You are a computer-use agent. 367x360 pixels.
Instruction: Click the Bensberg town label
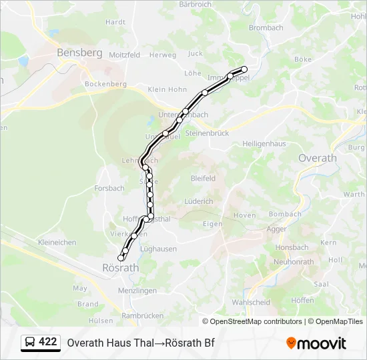point(79,52)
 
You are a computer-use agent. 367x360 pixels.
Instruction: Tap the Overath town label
point(317,158)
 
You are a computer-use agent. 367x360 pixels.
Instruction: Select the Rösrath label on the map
point(120,267)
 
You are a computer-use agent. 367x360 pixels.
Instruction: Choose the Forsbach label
point(109,188)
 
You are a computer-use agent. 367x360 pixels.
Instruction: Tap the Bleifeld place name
point(203,179)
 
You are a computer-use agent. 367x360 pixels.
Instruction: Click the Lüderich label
point(199,201)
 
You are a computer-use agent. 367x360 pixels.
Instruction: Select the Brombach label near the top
point(266,28)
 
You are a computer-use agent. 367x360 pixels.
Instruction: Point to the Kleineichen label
point(57,243)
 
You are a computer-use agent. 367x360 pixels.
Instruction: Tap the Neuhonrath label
point(293,262)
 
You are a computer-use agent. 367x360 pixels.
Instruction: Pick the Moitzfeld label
point(125,55)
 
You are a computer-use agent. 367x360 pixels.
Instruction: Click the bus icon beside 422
point(30,343)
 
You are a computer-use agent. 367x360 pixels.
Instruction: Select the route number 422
point(48,342)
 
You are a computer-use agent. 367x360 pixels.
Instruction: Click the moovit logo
point(316,343)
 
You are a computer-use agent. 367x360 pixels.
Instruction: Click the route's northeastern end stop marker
point(244,69)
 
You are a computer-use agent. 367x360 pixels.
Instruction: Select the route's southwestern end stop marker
point(121,258)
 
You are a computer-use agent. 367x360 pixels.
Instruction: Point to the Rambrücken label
point(143,315)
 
